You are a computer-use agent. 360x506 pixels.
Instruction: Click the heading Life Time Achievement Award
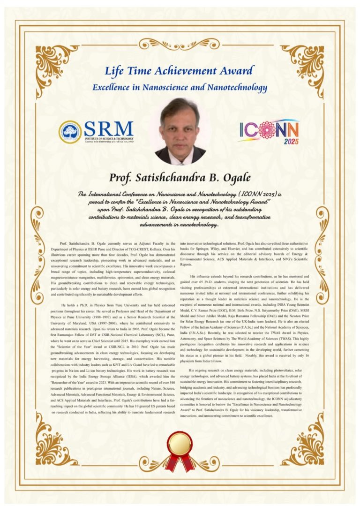click(180, 71)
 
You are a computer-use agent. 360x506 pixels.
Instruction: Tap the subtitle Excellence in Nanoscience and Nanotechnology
click(180, 87)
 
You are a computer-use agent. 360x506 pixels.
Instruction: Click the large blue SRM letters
click(108, 128)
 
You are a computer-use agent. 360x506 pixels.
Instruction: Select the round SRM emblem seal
click(70, 132)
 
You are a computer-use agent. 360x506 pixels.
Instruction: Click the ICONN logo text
click(269, 129)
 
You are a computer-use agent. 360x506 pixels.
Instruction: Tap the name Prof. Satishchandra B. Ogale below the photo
click(180, 178)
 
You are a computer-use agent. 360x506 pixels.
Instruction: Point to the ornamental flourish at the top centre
click(180, 44)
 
